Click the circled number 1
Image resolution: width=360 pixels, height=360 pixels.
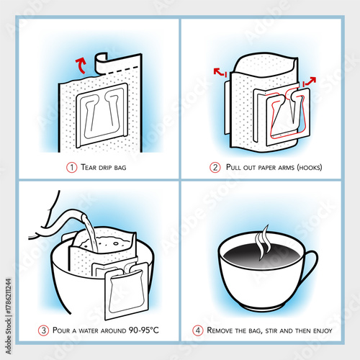[x=71, y=168]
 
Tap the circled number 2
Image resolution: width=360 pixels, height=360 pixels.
[x=215, y=168]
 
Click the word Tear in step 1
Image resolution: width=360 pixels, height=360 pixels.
[x=90, y=168]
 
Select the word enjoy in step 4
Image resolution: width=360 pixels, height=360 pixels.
[x=319, y=330]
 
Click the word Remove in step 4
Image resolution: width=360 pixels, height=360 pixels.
[x=225, y=330]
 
